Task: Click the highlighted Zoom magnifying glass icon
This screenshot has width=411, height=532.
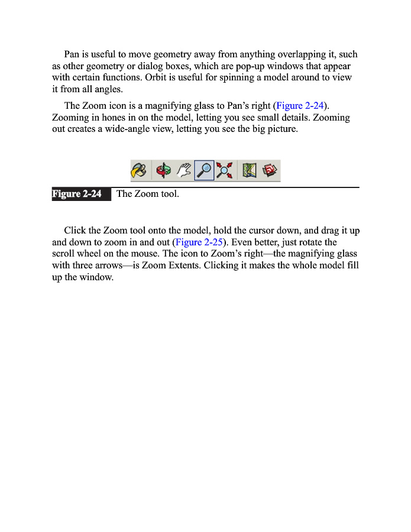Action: coord(204,171)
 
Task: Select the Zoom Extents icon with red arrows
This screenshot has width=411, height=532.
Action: coord(224,171)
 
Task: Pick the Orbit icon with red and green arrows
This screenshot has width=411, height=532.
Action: coord(163,171)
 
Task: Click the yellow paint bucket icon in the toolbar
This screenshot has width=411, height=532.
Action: coord(140,171)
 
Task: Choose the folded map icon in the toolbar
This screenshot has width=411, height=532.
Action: coord(249,171)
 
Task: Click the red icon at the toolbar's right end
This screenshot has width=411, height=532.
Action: coord(270,171)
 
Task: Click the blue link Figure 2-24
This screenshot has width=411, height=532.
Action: coord(300,106)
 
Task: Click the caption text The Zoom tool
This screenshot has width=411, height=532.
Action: coord(147,194)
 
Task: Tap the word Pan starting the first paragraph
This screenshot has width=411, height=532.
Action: coord(72,54)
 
